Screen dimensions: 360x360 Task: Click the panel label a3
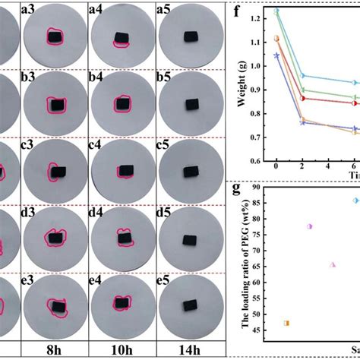(x=31, y=10)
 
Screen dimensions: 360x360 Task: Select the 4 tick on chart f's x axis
(x=327, y=166)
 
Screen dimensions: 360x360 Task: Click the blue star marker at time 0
(x=276, y=55)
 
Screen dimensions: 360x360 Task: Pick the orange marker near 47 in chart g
(x=286, y=323)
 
